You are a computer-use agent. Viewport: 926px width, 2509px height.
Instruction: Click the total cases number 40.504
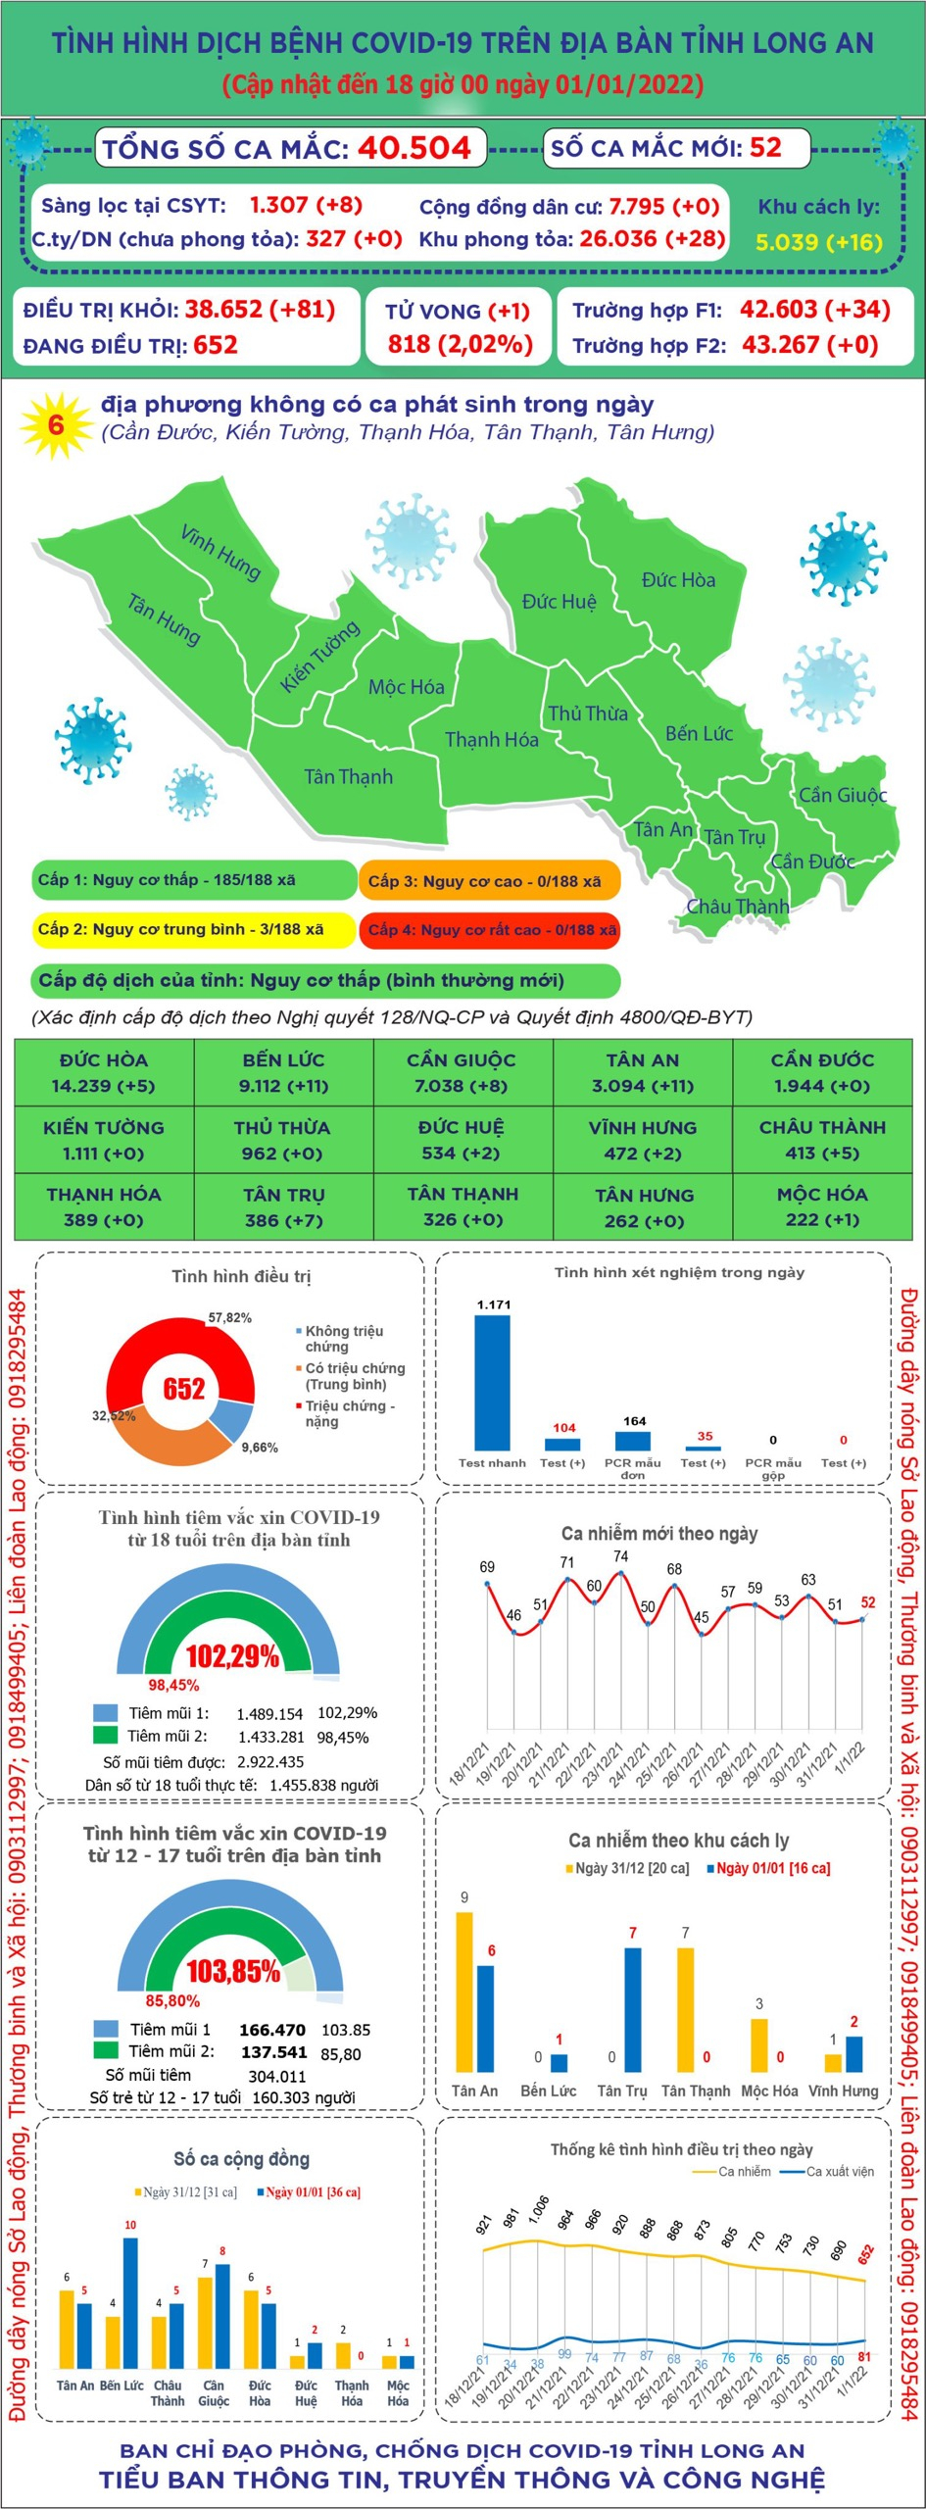click(x=414, y=148)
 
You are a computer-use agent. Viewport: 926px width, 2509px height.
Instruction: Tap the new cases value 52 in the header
click(x=765, y=148)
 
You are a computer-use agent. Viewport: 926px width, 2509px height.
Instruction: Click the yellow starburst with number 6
click(x=56, y=425)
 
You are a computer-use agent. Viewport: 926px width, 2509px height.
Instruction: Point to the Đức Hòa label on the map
click(x=678, y=579)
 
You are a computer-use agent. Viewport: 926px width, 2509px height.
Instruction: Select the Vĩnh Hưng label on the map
click(x=220, y=552)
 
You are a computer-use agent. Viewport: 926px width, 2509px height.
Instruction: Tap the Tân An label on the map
click(x=662, y=829)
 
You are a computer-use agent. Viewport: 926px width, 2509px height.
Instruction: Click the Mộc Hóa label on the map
click(x=406, y=687)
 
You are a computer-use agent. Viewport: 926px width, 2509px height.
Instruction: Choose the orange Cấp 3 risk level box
click(x=490, y=881)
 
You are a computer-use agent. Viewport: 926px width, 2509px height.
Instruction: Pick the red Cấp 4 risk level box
click(x=490, y=930)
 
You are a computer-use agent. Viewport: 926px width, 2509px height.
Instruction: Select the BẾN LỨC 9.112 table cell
click(x=283, y=1072)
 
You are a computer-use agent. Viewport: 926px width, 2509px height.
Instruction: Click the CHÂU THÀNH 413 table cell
click(x=821, y=1140)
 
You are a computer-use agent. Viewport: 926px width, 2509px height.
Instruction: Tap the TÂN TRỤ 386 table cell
click(x=283, y=1207)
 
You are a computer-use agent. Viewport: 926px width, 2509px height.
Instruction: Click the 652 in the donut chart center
click(x=183, y=1389)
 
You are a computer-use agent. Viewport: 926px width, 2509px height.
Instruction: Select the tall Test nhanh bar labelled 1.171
click(x=492, y=1382)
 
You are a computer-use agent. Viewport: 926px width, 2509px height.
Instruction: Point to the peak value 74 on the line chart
click(x=621, y=1555)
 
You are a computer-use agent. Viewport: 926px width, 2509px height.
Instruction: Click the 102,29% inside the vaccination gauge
click(x=232, y=1656)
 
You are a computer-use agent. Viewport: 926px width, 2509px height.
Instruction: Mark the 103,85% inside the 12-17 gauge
click(x=233, y=1971)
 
